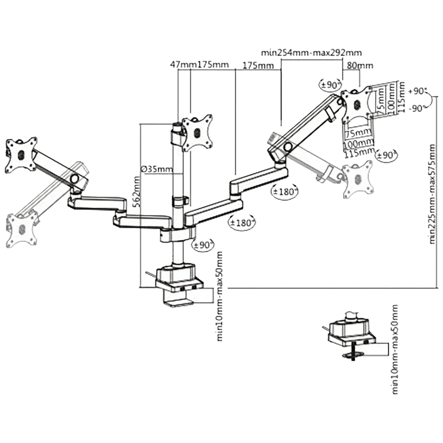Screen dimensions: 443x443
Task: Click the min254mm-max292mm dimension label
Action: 311,53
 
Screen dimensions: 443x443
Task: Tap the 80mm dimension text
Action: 360,66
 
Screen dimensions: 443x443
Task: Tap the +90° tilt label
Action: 418,91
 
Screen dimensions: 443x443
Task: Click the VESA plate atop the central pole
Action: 198,131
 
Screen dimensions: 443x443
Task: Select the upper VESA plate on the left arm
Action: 21,154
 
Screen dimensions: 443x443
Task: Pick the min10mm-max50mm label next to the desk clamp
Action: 220,296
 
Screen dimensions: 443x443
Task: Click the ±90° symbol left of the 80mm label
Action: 330,85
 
